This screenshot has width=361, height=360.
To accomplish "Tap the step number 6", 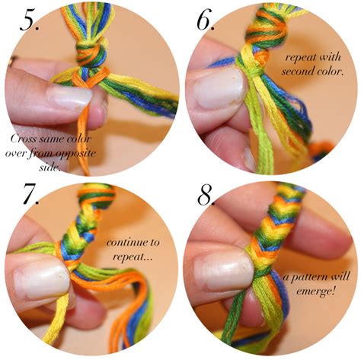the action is [206, 19].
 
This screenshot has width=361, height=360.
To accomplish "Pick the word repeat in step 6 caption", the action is [300, 58].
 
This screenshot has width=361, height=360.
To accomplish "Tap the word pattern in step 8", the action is [310, 277].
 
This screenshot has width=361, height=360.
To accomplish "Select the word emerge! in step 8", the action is [315, 292].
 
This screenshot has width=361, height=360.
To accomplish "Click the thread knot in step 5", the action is [91, 54].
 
